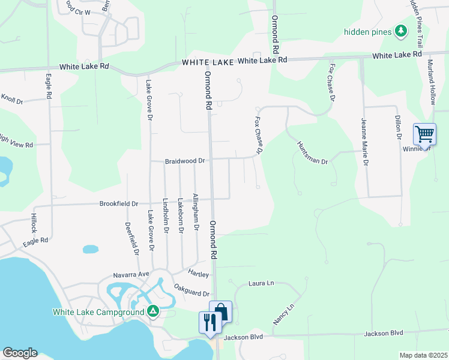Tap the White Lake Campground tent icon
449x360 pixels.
pos(153,311)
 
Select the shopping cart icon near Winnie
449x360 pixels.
pos(424,134)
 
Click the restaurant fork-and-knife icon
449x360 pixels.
pos(209,322)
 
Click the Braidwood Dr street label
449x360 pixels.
pos(185,161)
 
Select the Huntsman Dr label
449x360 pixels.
pos(312,153)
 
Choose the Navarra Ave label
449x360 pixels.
pos(131,275)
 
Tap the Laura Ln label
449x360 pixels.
pos(261,283)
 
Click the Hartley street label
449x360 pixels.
pos(199,274)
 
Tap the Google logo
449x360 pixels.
pos(19,353)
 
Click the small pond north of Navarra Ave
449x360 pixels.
pos(91,248)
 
